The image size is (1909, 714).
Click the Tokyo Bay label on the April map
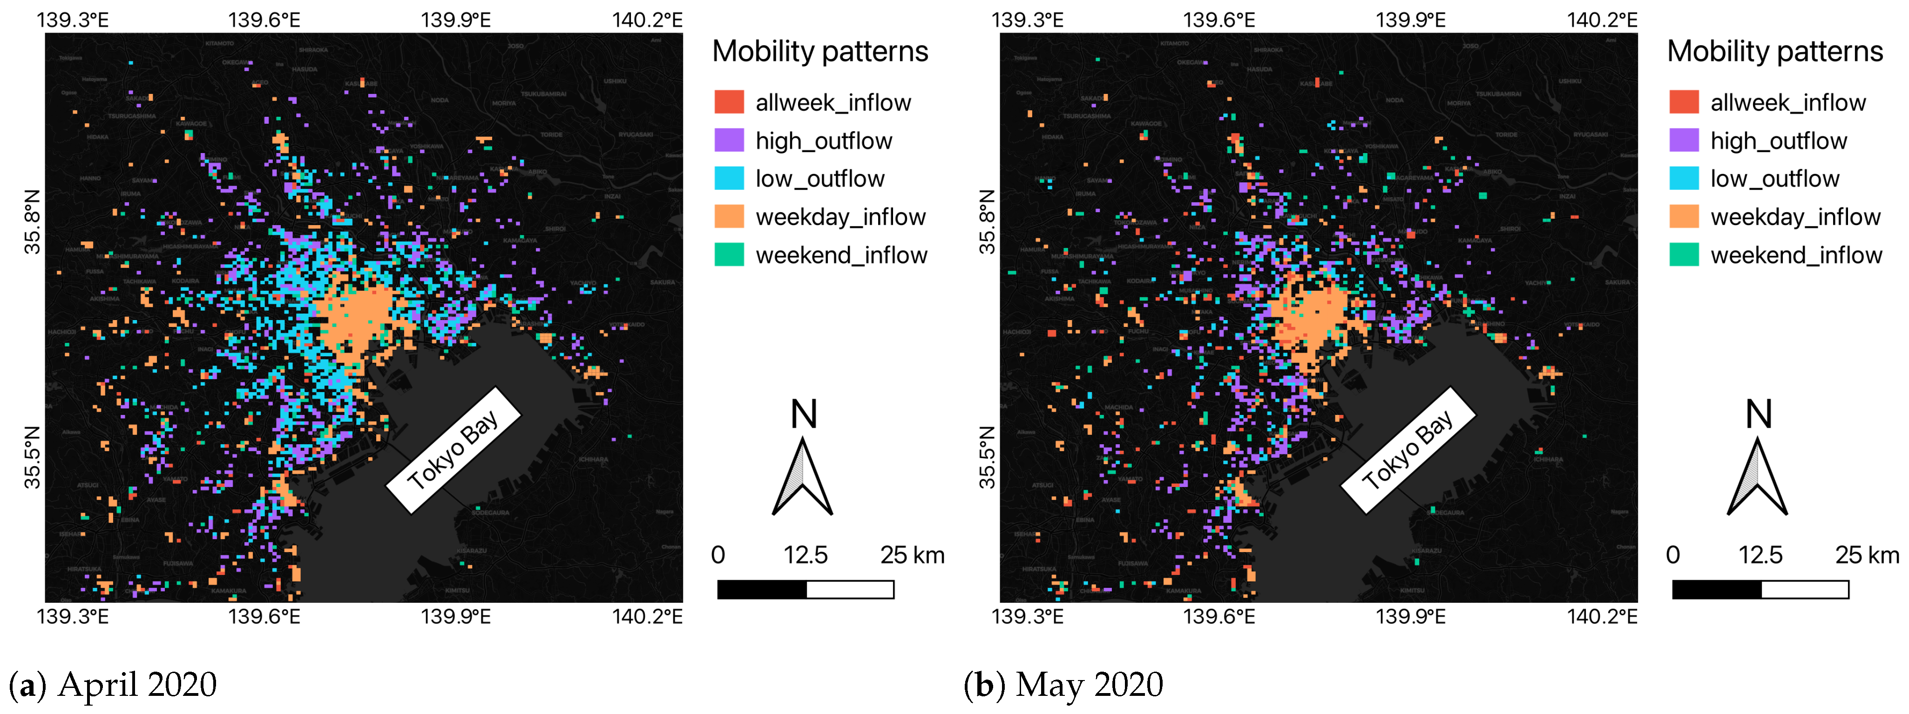453,450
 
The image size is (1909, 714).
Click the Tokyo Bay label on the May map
1408,450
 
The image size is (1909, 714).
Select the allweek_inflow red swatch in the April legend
729,102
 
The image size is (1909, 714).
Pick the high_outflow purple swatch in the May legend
1683,140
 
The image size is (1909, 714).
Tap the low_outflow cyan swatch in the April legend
729,179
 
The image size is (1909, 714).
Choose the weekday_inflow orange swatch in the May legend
1683,216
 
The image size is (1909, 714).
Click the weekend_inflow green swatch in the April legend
729,255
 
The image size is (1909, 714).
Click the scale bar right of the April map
806,589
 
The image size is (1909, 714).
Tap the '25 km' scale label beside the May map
1867,555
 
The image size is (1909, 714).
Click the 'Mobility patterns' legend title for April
819,51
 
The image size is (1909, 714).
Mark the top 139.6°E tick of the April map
264,20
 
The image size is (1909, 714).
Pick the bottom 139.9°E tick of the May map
1410,616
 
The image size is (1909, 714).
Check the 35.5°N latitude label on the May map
987,458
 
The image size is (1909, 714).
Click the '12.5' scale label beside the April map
806,555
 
